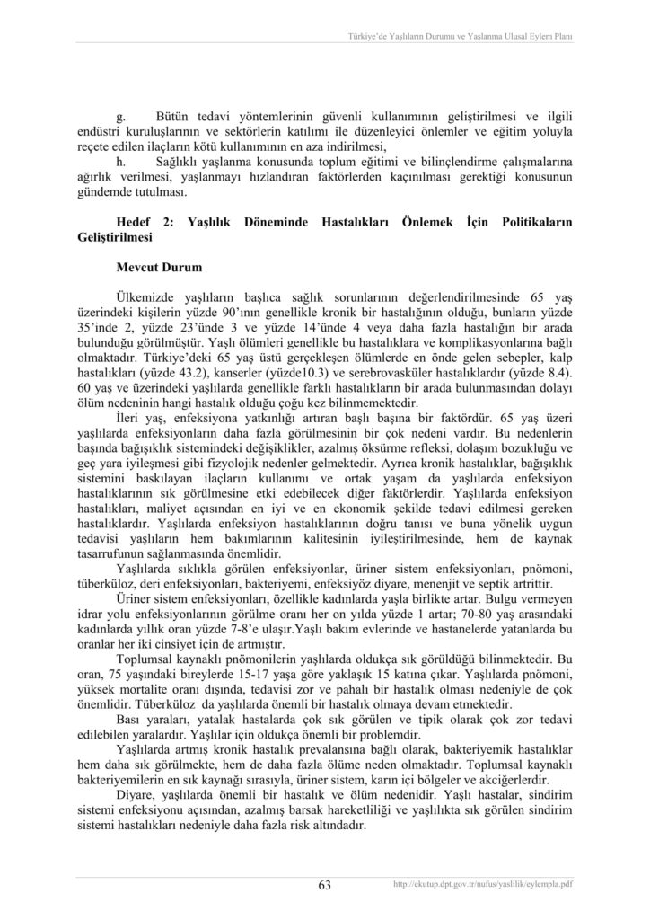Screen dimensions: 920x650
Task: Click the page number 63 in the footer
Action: coord(325,885)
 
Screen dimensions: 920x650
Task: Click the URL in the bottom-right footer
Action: coord(483,885)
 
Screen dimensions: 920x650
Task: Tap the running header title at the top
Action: coord(460,37)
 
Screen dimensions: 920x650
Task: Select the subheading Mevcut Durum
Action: coord(159,268)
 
